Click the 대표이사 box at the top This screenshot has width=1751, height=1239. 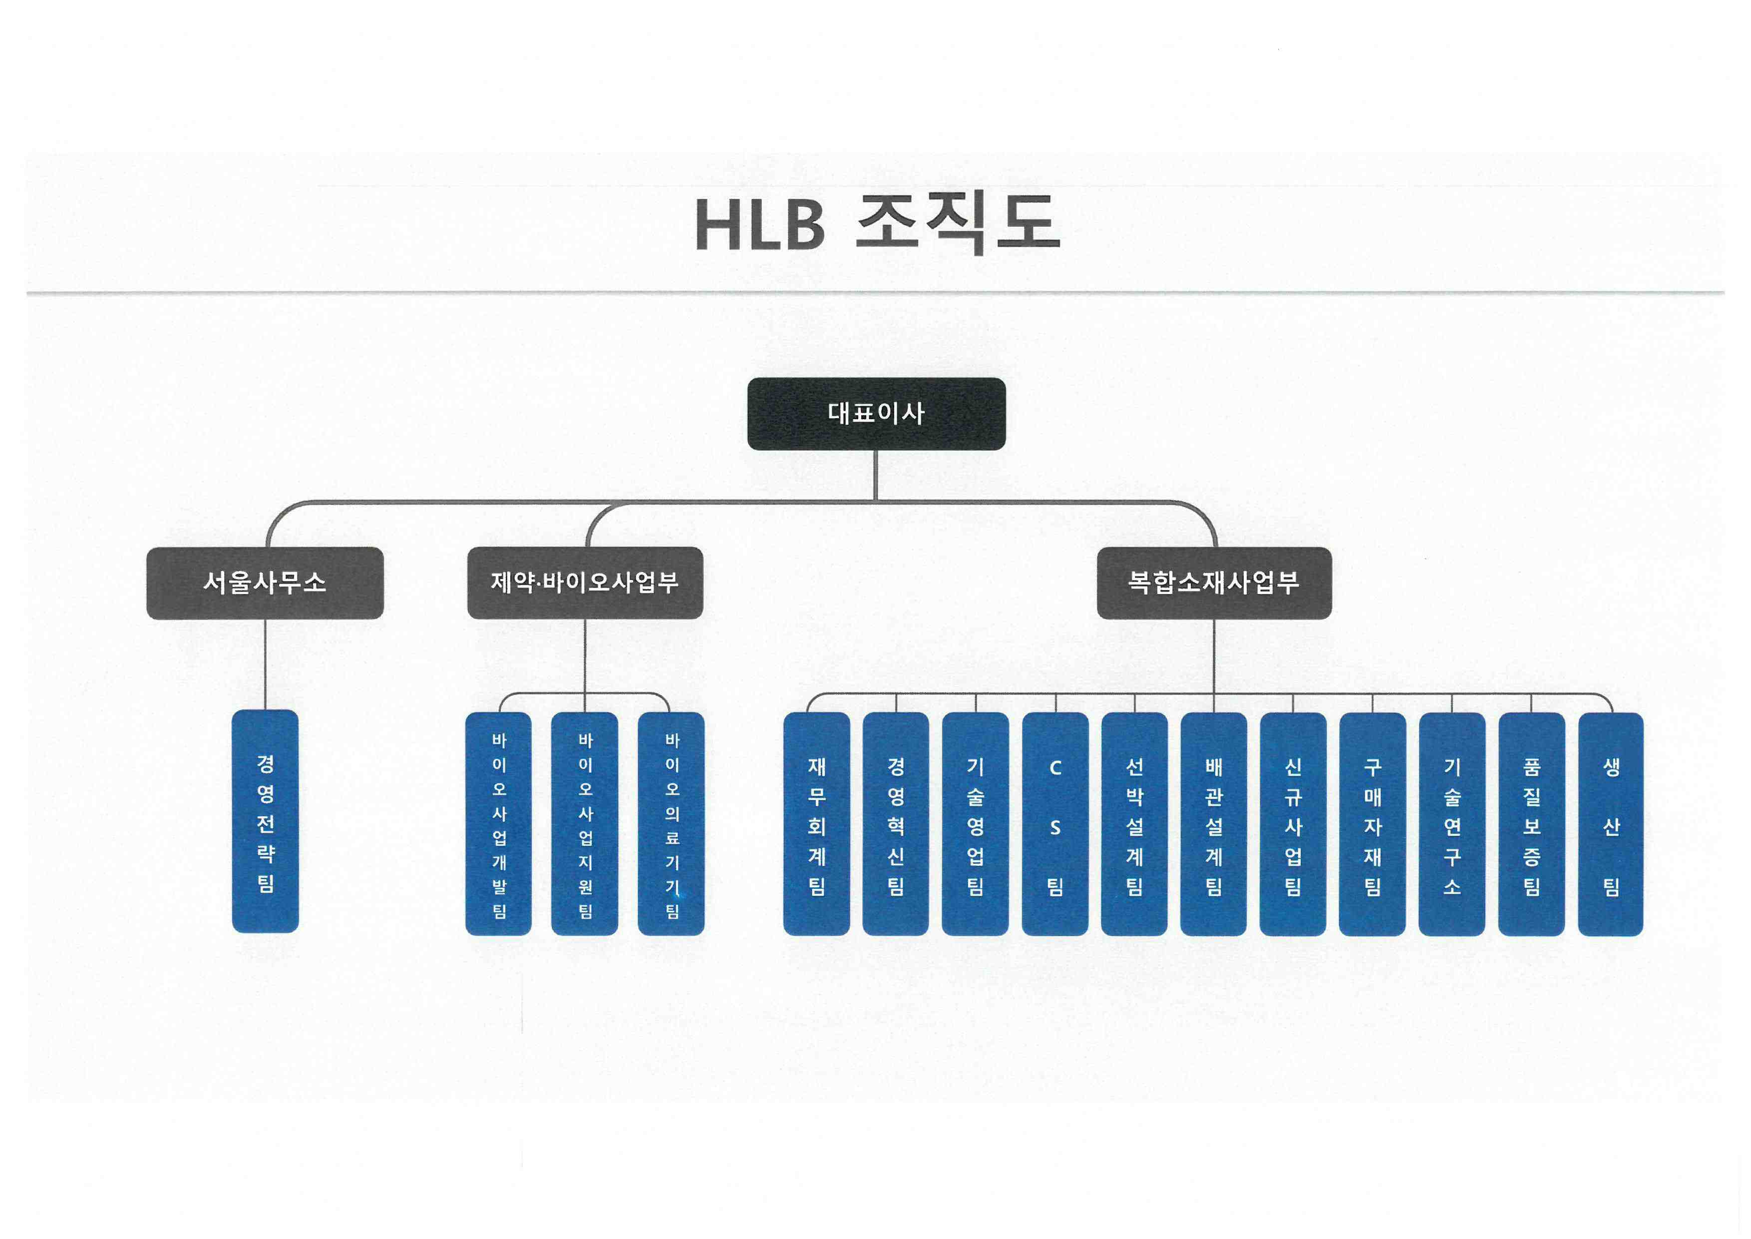click(x=876, y=414)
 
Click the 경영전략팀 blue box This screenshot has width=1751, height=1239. click(x=265, y=822)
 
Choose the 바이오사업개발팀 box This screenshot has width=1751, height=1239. click(x=499, y=824)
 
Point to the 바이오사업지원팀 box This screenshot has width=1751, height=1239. click(x=585, y=824)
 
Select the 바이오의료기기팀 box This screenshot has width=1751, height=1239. click(x=671, y=824)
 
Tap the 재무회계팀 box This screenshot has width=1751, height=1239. click(x=817, y=824)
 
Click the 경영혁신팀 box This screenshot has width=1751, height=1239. click(x=896, y=824)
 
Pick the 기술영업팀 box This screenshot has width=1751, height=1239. click(x=976, y=824)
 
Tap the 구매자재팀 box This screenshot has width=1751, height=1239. click(x=1372, y=824)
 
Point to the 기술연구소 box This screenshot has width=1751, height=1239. click(x=1451, y=824)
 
